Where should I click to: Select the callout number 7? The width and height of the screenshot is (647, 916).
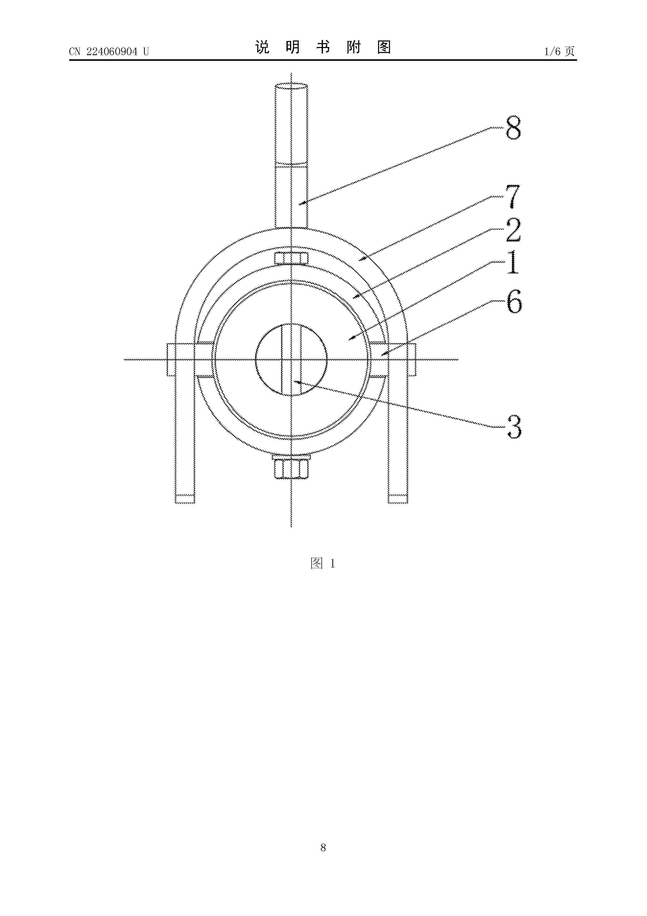pos(513,197)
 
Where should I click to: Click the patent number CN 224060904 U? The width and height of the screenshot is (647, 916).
pos(109,51)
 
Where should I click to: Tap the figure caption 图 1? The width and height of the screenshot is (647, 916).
pos(323,563)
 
